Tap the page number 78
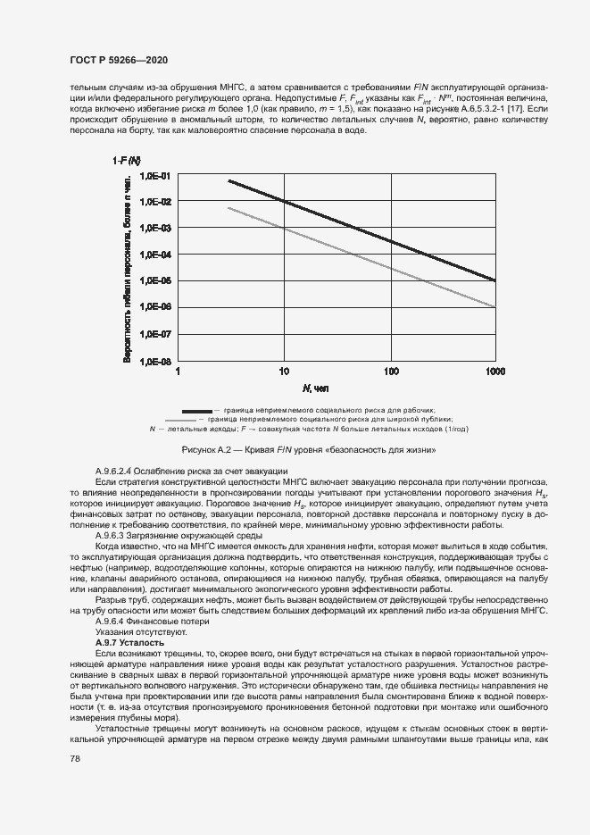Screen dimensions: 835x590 [74, 758]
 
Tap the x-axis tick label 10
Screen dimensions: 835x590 [284, 371]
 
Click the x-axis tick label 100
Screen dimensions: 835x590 [390, 371]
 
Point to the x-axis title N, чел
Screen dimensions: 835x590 [315, 388]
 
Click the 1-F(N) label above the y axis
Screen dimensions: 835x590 [126, 160]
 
